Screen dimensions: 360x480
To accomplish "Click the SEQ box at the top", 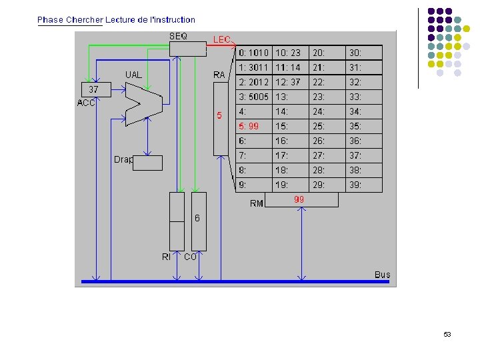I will click(187, 49).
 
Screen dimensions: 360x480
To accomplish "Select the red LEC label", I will click(222, 40).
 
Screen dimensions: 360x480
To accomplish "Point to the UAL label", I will click(133, 75).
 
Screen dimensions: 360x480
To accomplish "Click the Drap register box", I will click(147, 163).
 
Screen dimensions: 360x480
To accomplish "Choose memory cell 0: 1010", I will click(253, 53).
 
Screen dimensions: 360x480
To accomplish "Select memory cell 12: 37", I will click(288, 82).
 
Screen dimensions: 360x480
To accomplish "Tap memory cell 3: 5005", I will click(253, 97).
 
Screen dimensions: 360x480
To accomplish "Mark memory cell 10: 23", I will click(288, 53).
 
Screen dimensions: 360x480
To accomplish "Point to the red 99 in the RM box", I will click(299, 199).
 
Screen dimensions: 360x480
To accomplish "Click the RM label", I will click(257, 203).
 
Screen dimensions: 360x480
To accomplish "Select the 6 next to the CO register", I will click(197, 218).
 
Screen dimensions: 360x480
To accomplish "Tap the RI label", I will click(166, 257).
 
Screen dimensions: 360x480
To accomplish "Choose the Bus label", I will click(382, 275).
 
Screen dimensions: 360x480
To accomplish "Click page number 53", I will click(447, 334).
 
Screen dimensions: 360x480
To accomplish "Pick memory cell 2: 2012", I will click(253, 82).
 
